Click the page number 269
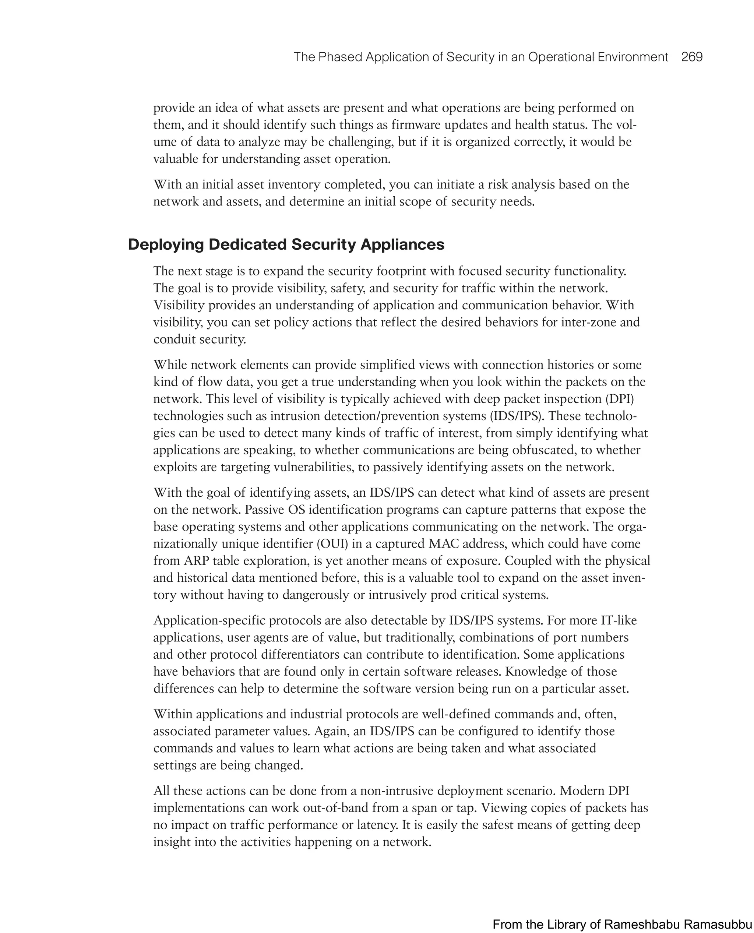[x=692, y=57]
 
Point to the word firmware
[x=417, y=125]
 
